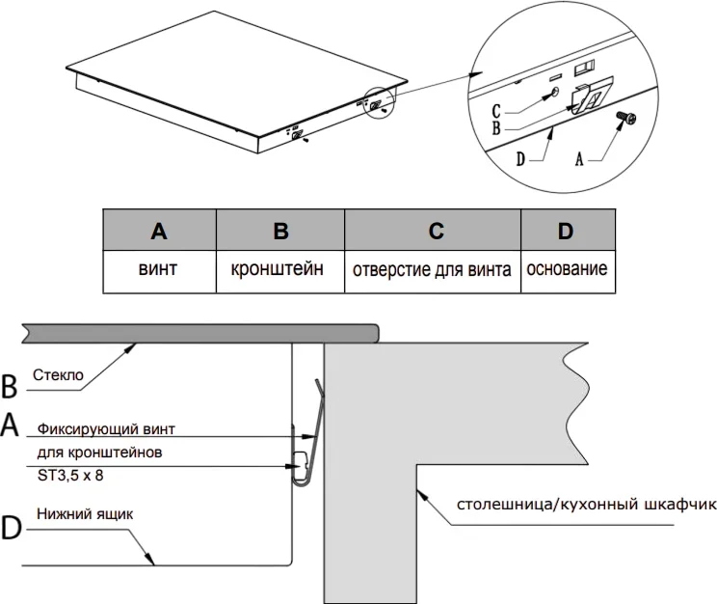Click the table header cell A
click(159, 232)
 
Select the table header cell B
click(280, 232)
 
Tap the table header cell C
click(433, 232)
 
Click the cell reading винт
click(159, 269)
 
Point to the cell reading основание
click(566, 269)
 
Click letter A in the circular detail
click(579, 161)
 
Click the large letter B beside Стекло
click(11, 387)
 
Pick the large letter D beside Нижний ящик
click(11, 528)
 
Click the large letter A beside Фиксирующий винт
click(11, 426)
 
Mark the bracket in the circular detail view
click(590, 96)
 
